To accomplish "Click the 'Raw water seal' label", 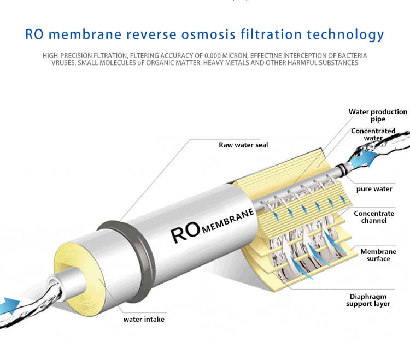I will tap(243, 145).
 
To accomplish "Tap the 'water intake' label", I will tap(143, 319).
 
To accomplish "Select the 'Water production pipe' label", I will tap(378, 115).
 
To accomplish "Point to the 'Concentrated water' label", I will tap(373, 134).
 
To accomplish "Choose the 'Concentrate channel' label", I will tap(374, 217).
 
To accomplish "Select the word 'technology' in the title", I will tap(345, 35).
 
